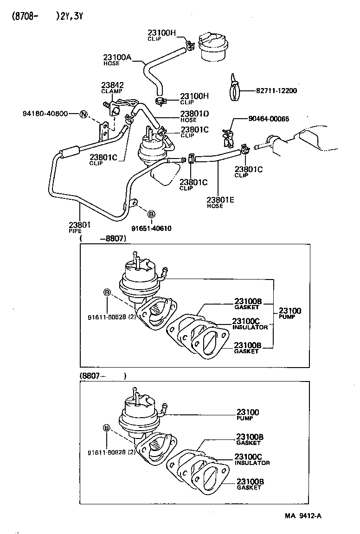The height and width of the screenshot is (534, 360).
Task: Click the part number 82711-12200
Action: click(276, 91)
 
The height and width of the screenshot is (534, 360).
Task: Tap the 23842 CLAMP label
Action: click(112, 88)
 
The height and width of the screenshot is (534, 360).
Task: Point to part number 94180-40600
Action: click(45, 114)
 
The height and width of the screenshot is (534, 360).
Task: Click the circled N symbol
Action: click(83, 114)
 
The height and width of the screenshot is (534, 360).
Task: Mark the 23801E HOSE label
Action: click(220, 202)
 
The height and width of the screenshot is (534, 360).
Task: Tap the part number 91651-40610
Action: click(151, 228)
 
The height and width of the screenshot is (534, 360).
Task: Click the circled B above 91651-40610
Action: click(151, 214)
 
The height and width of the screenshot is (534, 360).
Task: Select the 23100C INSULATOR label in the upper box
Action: click(250, 324)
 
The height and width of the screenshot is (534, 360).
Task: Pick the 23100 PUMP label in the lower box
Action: click(248, 414)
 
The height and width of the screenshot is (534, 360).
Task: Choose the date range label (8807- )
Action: click(102, 376)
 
